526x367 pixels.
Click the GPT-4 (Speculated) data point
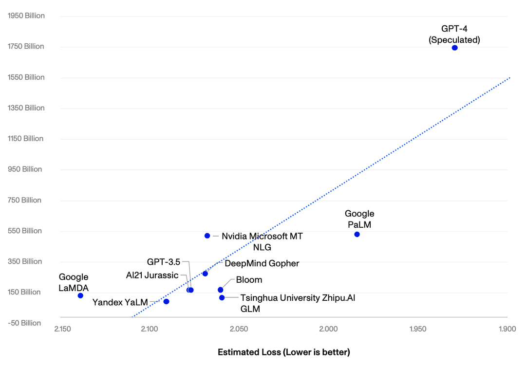[454, 48]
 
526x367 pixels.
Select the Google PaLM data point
[357, 234]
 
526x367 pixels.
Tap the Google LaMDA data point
[80, 295]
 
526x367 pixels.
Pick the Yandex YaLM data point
[166, 301]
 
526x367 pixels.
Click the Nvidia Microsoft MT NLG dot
[207, 236]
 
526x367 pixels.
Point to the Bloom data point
[221, 290]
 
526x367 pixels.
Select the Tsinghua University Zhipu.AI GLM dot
[222, 297]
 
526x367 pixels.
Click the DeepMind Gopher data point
[205, 274]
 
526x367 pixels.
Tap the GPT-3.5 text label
[164, 262]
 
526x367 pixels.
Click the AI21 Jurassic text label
[152, 275]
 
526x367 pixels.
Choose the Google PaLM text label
[359, 218]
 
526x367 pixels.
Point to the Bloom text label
[249, 280]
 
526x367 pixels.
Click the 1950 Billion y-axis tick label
[26, 16]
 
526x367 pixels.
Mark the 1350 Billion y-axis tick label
[26, 108]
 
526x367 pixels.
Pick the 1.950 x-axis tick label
[418, 329]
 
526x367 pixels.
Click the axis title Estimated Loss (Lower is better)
[283, 352]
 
